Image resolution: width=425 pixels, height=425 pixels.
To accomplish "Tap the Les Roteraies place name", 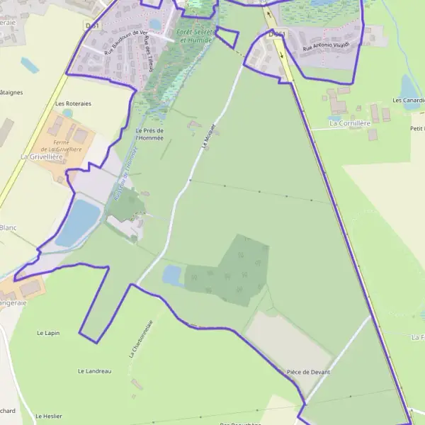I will click(x=73, y=103).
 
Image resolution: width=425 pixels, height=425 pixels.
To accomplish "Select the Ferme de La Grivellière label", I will click(x=62, y=145).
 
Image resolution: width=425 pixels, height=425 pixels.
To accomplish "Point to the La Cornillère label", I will click(x=350, y=123).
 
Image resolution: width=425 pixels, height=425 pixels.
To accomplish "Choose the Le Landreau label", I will click(x=94, y=370).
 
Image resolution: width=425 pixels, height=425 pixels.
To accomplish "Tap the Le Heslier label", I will click(x=49, y=416).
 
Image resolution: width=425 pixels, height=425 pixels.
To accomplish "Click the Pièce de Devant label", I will click(x=308, y=372).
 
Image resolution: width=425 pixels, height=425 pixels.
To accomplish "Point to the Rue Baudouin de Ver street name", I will click(x=125, y=42).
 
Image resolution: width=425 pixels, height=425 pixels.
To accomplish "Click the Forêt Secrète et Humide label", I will click(x=194, y=36).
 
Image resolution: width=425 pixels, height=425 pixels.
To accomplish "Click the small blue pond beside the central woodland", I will click(x=172, y=275).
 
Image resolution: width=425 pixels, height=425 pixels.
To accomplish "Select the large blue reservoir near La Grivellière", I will click(x=77, y=222).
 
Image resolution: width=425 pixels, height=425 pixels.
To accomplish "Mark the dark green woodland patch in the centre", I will click(x=230, y=269).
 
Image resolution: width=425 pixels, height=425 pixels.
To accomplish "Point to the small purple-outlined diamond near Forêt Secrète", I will click(x=227, y=37).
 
